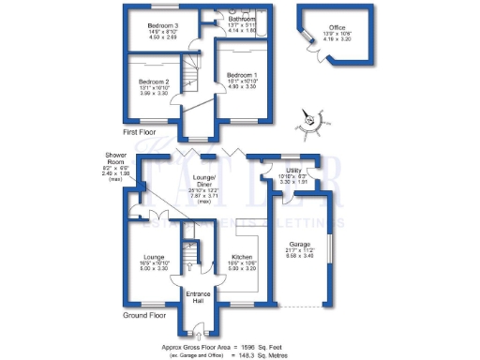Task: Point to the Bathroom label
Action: coord(240,19)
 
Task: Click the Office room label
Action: coord(327,29)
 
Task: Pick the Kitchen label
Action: coord(242,257)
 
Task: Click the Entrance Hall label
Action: coord(199,295)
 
